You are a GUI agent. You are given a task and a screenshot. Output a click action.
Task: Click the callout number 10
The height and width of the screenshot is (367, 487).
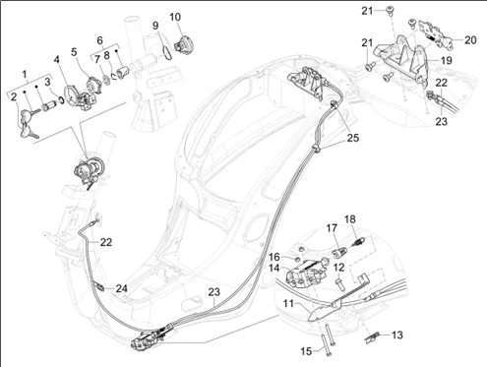pos(175,17)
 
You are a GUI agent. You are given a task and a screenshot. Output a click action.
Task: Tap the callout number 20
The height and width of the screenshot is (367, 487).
pos(470,40)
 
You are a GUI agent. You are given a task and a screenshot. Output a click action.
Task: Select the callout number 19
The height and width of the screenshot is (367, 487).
pos(447,60)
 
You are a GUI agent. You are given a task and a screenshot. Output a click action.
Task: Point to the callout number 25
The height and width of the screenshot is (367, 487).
pos(353,138)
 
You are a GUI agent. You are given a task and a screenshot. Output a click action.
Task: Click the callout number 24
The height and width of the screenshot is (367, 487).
pos(121,288)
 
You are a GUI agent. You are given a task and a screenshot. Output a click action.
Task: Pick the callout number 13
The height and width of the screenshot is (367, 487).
pos(397,336)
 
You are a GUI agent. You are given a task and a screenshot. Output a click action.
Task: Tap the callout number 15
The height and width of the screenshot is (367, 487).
pos(306,351)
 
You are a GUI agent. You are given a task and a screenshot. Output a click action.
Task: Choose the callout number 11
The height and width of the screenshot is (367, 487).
pos(288,304)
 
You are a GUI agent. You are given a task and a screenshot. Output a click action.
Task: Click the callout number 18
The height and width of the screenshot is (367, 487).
pos(350,219)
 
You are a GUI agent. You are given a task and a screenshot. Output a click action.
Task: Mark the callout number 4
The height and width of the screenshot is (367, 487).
pos(57,60)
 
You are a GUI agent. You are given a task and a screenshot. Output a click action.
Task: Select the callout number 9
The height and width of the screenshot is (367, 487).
pos(155,26)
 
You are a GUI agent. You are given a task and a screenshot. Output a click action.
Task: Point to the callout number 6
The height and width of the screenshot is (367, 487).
pos(99,40)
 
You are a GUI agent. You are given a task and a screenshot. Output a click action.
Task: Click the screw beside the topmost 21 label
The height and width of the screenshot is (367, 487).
pos(390,10)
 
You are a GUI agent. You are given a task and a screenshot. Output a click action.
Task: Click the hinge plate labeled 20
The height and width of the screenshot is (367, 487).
pos(436,33)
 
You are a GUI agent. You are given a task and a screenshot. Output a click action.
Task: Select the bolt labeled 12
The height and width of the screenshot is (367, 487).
pos(339,283)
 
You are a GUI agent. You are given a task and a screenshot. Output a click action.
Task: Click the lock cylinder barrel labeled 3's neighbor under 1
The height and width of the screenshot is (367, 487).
pos(48,106)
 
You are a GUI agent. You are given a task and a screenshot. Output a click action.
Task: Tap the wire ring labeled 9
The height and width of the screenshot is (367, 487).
pos(167,52)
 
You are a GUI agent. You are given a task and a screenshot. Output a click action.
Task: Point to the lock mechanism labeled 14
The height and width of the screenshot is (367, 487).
pos(306,272)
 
